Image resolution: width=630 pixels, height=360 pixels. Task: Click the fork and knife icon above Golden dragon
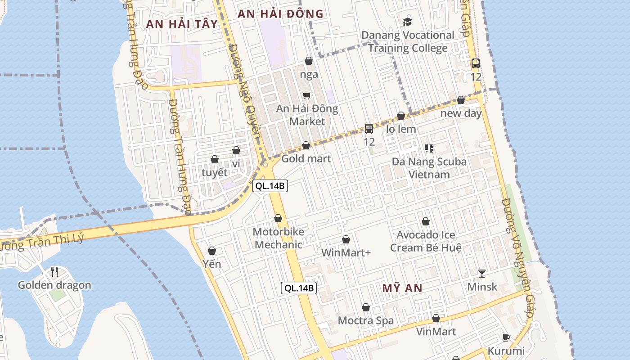click(54, 271)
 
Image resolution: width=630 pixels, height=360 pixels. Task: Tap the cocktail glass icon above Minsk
click(482, 273)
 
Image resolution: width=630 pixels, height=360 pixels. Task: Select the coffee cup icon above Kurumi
click(506, 337)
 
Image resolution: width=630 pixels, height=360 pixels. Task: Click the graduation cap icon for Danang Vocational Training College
click(407, 21)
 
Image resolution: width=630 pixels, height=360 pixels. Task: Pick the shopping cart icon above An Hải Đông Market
click(307, 95)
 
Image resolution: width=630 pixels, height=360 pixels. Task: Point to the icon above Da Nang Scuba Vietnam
click(429, 148)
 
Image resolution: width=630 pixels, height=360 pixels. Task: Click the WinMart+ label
click(346, 252)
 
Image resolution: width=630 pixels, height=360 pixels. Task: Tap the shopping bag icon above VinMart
click(436, 318)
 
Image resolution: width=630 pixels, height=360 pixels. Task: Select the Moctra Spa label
click(365, 320)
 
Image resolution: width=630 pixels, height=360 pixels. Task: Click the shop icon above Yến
click(212, 250)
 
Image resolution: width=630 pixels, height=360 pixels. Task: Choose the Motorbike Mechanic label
click(278, 238)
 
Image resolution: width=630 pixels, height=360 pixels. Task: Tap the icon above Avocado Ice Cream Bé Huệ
click(425, 221)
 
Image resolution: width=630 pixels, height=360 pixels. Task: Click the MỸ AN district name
click(402, 288)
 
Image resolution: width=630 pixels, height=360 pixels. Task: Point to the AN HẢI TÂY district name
click(182, 24)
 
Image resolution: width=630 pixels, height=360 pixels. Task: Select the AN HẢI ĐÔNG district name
click(280, 14)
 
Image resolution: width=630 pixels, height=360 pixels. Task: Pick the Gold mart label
click(306, 158)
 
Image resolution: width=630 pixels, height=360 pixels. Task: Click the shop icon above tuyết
click(215, 159)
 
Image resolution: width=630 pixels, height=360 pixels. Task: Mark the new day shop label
click(461, 113)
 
